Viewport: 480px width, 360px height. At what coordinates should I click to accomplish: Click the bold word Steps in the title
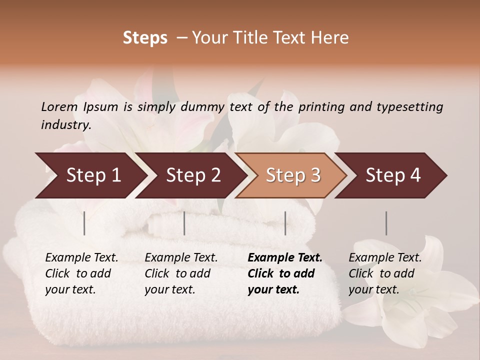point(145,38)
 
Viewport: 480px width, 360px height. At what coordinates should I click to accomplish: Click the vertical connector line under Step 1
point(84,223)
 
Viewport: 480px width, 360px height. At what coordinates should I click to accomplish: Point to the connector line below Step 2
point(184,223)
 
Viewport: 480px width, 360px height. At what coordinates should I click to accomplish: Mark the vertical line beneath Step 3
point(285,223)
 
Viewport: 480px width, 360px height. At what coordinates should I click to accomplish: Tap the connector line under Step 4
point(386,223)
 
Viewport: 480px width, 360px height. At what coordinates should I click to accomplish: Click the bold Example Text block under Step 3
point(285,273)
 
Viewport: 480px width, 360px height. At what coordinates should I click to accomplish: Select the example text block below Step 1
point(81,273)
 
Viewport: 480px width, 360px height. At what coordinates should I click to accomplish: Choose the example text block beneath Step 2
point(181,273)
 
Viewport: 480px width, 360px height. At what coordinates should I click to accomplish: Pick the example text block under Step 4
point(385,273)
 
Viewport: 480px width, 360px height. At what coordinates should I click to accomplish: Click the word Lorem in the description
point(59,106)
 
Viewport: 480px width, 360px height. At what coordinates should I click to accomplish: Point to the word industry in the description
point(66,124)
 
